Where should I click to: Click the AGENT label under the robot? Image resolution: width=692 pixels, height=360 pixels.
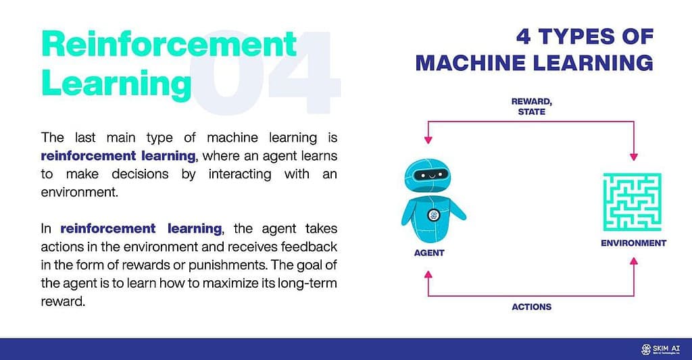tap(428, 253)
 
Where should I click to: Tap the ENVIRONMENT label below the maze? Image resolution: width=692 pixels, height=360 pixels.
tap(633, 243)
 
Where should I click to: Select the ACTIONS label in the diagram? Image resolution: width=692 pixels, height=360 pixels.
tap(531, 307)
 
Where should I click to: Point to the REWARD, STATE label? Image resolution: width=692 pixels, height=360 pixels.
tap(531, 107)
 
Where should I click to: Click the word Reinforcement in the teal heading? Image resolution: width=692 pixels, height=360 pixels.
tap(169, 45)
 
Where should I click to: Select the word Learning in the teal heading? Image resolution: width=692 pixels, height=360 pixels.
tap(116, 83)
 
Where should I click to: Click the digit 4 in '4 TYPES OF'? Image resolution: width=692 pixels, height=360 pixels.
tap(524, 36)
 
